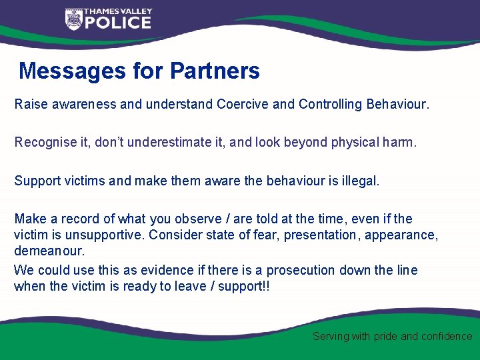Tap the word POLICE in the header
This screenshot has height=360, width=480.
pyautogui.click(x=117, y=23)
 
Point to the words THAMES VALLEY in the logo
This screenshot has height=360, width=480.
pyautogui.click(x=117, y=11)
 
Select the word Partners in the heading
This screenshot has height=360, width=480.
pyautogui.click(x=215, y=71)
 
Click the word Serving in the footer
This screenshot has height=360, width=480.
pyautogui.click(x=331, y=337)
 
